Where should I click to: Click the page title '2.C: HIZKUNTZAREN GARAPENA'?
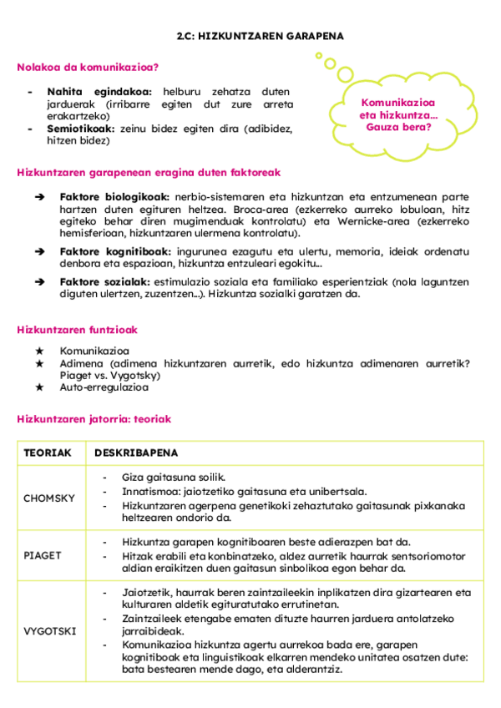click(x=260, y=37)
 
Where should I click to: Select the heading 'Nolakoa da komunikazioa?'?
click(x=88, y=67)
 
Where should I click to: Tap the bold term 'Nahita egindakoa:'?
click(x=99, y=91)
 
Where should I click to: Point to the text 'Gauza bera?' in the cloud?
click(x=398, y=127)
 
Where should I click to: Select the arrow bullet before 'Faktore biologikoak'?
click(x=39, y=197)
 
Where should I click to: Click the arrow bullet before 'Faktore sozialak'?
click(x=39, y=282)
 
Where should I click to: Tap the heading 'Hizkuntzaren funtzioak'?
click(x=77, y=330)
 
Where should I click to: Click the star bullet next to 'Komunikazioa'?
click(x=38, y=351)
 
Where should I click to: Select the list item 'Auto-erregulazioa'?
click(x=104, y=387)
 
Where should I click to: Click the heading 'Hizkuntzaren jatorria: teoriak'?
click(x=94, y=419)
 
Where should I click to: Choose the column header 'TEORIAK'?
click(x=48, y=453)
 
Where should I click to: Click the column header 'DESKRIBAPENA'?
click(x=135, y=453)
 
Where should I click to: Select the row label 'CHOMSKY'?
click(x=49, y=498)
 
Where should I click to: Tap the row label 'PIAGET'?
click(x=43, y=555)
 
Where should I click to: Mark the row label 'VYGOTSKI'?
click(x=49, y=630)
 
